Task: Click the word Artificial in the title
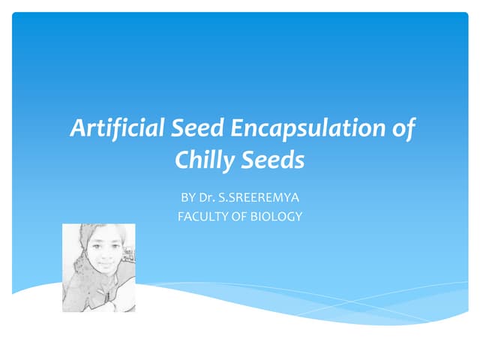106,129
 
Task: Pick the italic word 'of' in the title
403,129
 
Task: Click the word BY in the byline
187,198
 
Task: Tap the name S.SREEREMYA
259,198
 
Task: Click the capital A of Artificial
76,129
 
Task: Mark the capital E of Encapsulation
236,129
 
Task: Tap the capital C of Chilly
181,160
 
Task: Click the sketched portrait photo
98,268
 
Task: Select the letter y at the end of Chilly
223,162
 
